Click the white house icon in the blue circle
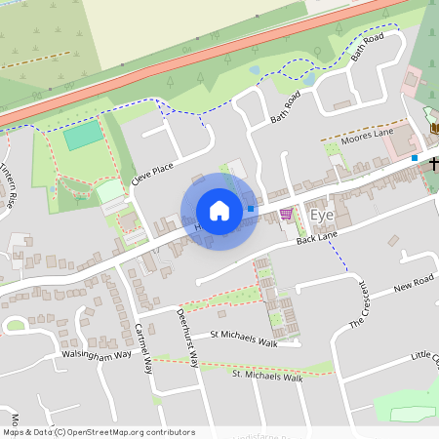point(219,211)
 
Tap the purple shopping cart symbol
point(286,214)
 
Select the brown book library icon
point(434,128)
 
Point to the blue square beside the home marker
point(251,208)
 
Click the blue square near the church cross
point(415,158)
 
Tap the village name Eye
point(321,215)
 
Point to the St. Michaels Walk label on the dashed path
point(268,375)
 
